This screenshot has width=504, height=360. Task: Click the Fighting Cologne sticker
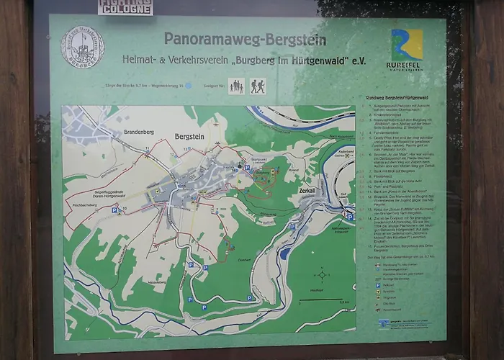pos(125,6)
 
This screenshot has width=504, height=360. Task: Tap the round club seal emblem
pos(82,48)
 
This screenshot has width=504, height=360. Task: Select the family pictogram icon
pos(236,86)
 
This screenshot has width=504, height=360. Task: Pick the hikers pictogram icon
pos(258,86)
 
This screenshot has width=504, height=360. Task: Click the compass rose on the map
pos(322,274)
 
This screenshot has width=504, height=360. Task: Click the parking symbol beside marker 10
pos(114,211)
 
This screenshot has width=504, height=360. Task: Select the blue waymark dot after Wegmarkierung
pos(188,85)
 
